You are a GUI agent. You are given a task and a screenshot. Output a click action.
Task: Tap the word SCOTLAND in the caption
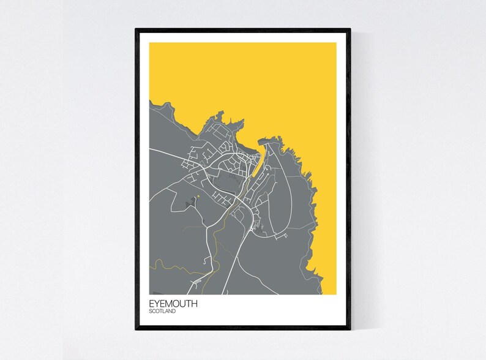pos(162,312)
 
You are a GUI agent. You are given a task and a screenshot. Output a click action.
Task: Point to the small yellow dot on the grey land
pos(199,197)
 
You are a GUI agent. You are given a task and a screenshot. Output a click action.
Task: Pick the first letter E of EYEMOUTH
pos(151,304)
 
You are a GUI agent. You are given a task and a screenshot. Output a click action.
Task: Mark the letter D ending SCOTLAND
pos(174,312)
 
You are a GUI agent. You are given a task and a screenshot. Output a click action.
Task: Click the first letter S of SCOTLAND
pos(150,312)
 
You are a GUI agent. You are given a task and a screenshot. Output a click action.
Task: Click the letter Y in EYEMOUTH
pos(157,304)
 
